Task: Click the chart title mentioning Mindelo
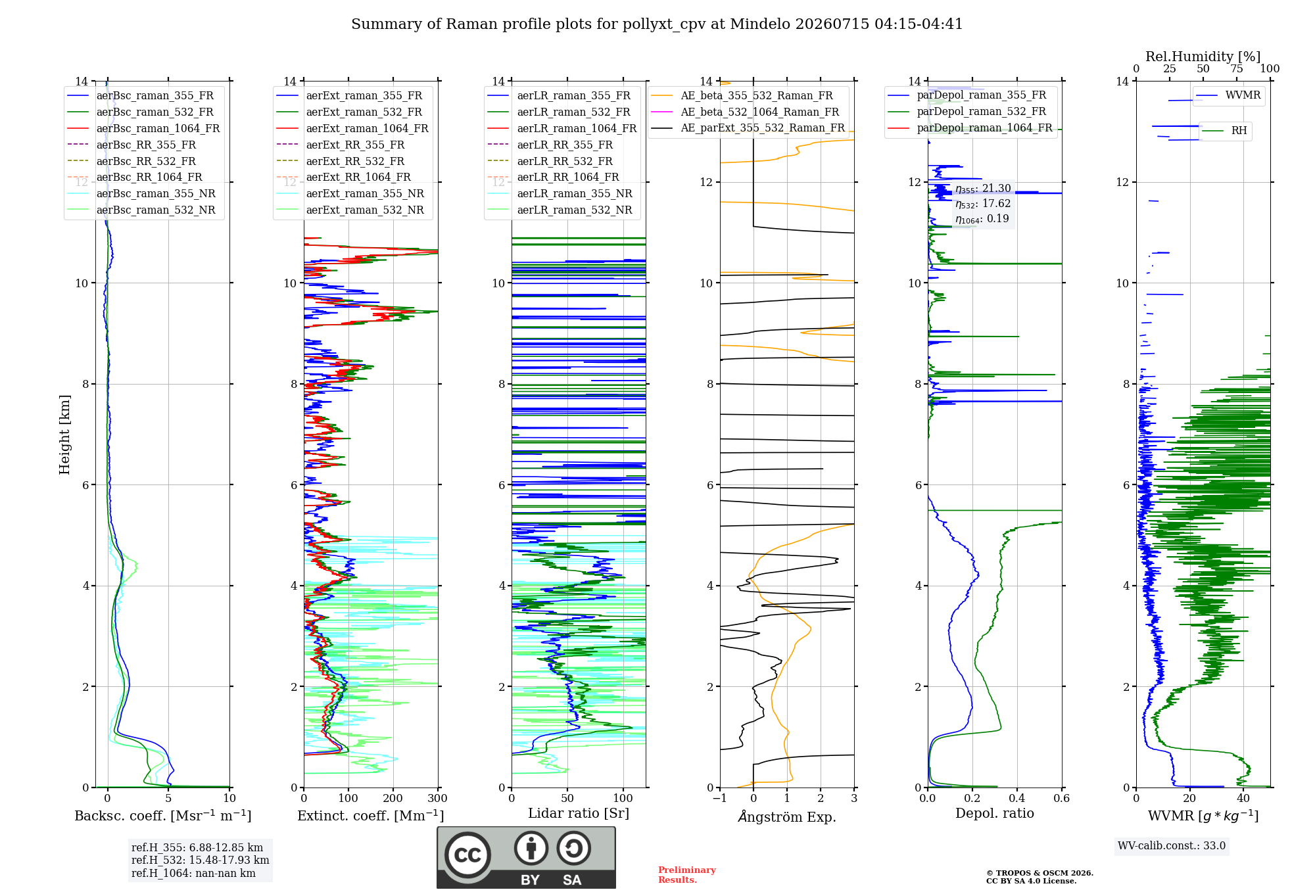657,24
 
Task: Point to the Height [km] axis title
64,435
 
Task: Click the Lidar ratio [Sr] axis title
579,813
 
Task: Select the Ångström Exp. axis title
787,816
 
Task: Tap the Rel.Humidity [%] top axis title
1203,57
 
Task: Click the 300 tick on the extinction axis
438,799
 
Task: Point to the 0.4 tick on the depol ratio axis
1017,799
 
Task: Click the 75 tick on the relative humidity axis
1237,69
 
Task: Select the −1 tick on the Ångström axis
720,799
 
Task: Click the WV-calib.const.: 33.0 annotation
1172,846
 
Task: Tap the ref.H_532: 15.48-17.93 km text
200,860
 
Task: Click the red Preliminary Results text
687,875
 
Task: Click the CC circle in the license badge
467,855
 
